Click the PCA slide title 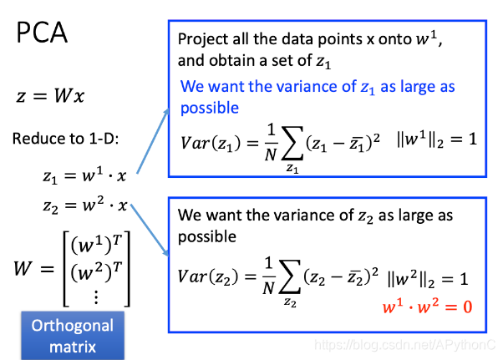[x=43, y=33]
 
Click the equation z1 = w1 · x [x=84, y=175]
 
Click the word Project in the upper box [x=201, y=39]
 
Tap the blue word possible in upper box [x=210, y=109]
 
